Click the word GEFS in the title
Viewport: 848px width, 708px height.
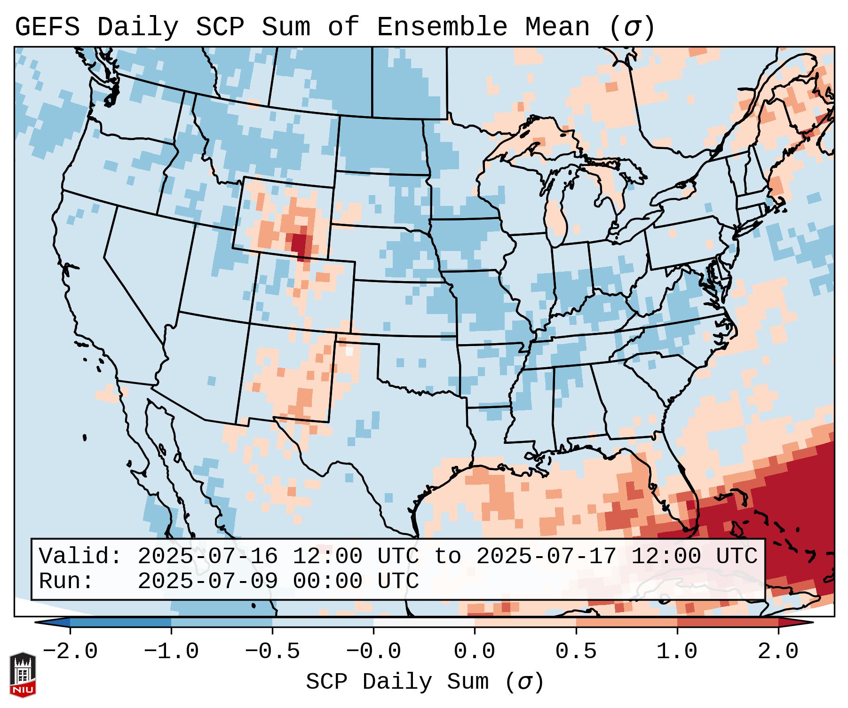point(48,27)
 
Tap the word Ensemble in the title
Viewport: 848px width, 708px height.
point(442,27)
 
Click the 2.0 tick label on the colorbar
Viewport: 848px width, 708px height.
point(778,652)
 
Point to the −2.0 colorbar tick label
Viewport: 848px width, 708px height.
point(70,652)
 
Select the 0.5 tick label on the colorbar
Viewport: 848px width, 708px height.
point(576,652)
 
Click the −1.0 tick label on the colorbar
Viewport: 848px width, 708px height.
point(171,652)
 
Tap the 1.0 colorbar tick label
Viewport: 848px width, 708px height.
point(677,652)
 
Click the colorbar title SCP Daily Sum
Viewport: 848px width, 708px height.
point(397,682)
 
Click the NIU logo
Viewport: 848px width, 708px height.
point(23,675)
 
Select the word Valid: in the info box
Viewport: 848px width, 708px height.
point(80,556)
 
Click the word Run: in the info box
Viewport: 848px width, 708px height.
point(66,581)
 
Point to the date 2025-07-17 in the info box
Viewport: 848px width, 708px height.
point(546,556)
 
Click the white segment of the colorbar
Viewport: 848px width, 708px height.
point(424,622)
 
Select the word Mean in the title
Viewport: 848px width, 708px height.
point(557,27)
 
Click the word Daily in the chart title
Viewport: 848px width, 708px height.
point(138,27)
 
